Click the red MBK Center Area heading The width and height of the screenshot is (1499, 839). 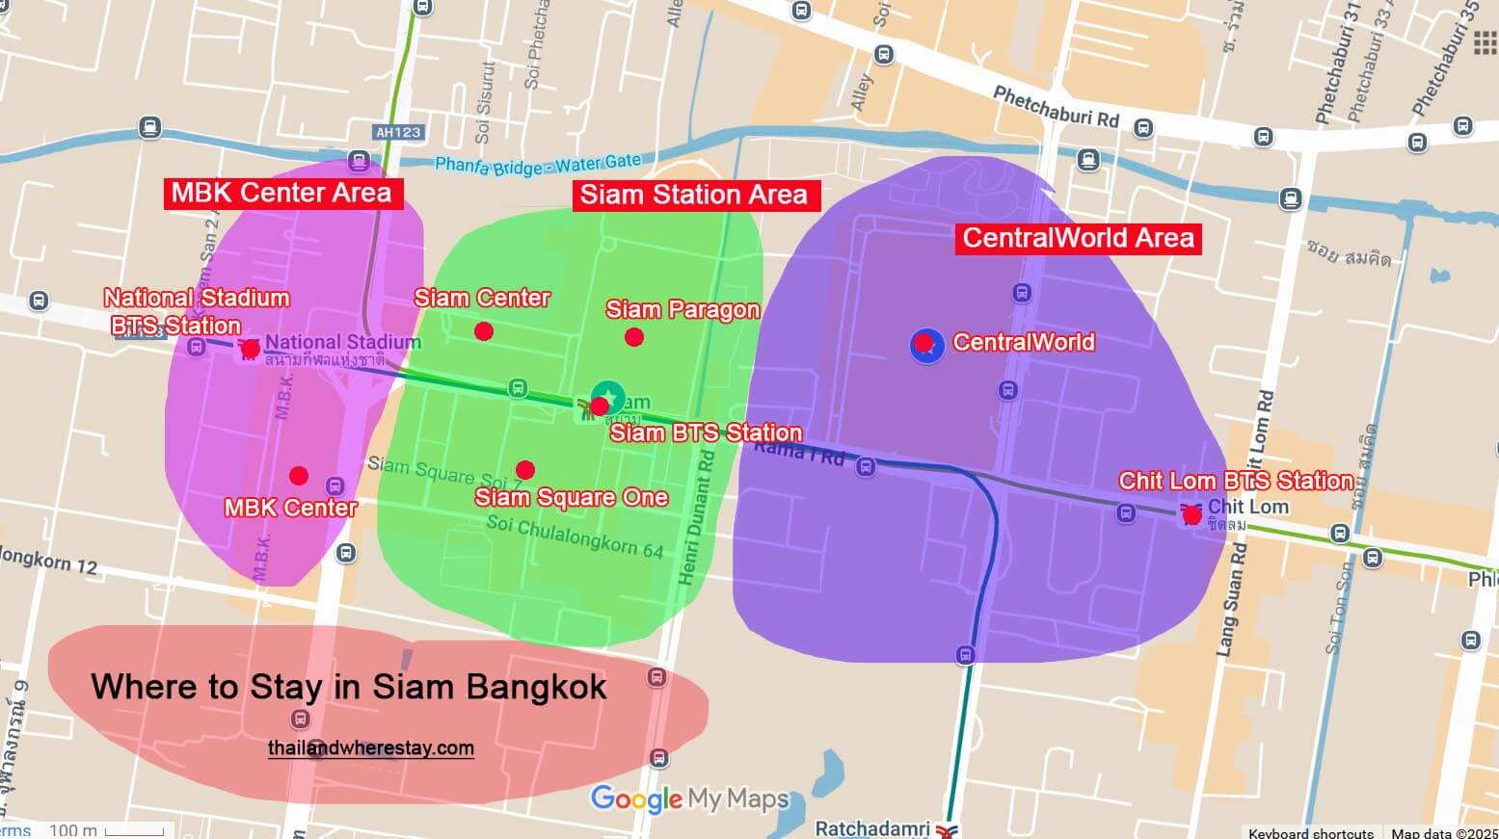pyautogui.click(x=281, y=193)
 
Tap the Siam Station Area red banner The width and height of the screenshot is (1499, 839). pyautogui.click(x=693, y=196)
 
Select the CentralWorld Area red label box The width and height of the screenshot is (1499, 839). pyautogui.click(x=1078, y=238)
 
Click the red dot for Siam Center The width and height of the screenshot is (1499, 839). pyautogui.click(x=484, y=331)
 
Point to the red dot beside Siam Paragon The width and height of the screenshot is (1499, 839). pyautogui.click(x=633, y=337)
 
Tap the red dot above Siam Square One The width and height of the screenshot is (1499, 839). pyautogui.click(x=524, y=470)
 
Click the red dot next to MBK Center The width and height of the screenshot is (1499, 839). pyautogui.click(x=299, y=476)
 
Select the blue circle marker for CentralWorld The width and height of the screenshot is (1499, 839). pyautogui.click(x=926, y=344)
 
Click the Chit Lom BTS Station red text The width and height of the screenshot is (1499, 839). pyautogui.click(x=1236, y=481)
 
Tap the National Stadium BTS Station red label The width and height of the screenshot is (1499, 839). pyautogui.click(x=196, y=311)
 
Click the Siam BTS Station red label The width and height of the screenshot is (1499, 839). pyautogui.click(x=706, y=433)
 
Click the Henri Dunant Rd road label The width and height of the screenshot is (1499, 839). pyautogui.click(x=698, y=515)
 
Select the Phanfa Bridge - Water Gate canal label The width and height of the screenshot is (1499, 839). pyautogui.click(x=537, y=165)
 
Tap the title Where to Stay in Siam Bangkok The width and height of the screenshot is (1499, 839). pyautogui.click(x=349, y=687)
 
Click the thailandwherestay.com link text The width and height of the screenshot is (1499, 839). pyautogui.click(x=371, y=747)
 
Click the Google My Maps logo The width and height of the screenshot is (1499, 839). pyautogui.click(x=689, y=799)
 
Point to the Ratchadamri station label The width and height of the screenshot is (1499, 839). pyautogui.click(x=871, y=828)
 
